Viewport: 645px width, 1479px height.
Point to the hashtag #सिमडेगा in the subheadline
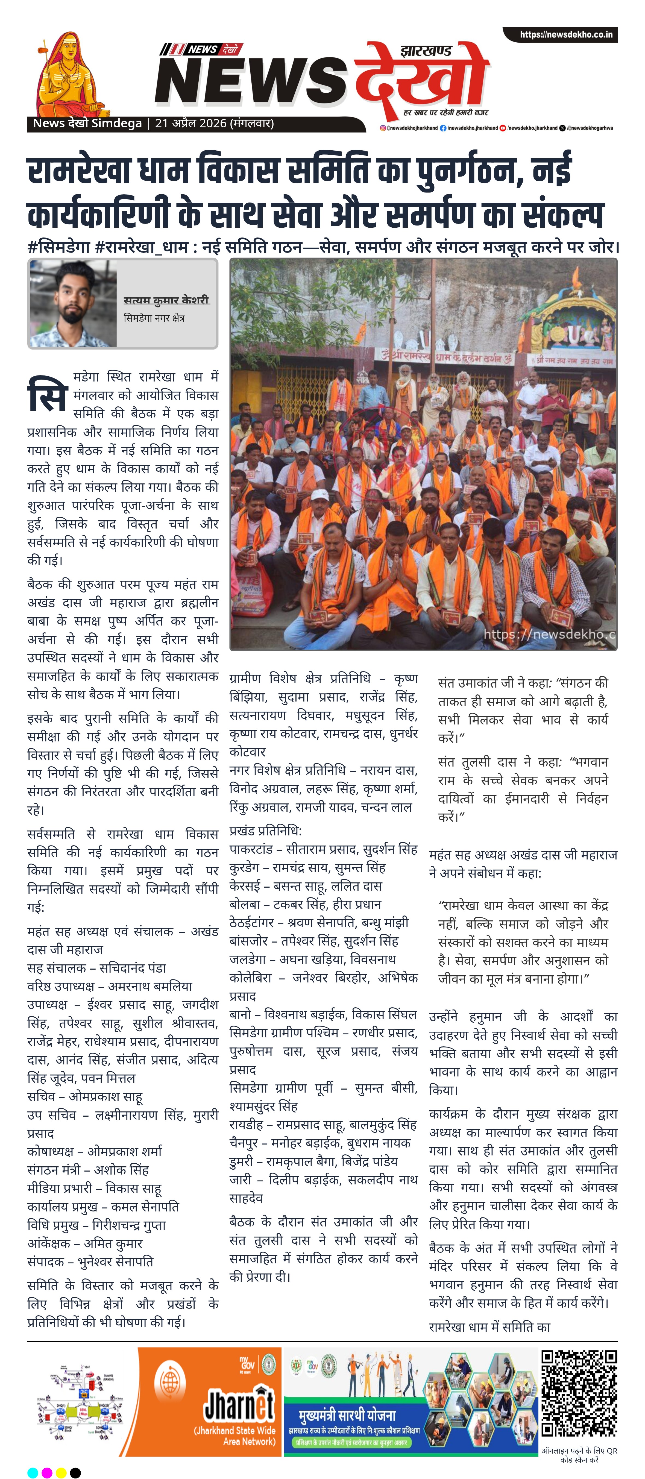(x=58, y=248)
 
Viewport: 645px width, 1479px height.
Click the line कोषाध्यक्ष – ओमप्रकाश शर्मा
(x=95, y=1151)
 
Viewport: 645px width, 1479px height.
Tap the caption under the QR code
(x=579, y=1454)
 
